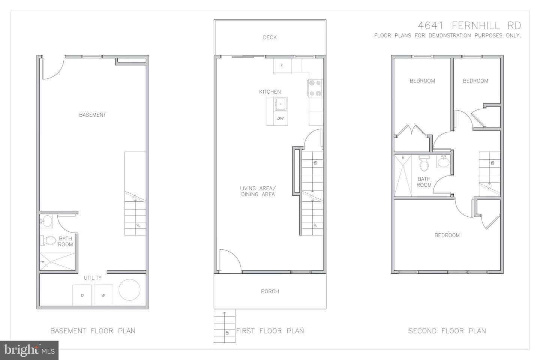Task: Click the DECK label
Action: [x=270, y=37]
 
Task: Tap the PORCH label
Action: [x=270, y=291]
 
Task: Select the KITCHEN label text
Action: [x=270, y=91]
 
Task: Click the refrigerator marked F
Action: [x=282, y=66]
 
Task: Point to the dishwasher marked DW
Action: [x=280, y=118]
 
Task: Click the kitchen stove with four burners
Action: [x=315, y=88]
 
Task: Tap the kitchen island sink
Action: [x=280, y=104]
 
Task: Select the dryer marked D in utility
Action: [x=82, y=295]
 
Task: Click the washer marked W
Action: [x=103, y=295]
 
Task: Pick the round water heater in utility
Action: [x=129, y=290]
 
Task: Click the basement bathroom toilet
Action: [x=48, y=240]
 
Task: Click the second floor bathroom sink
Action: [x=443, y=162]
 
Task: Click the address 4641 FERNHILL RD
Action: [x=469, y=25]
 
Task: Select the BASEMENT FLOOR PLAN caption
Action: [x=93, y=331]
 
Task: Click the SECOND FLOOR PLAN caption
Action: [x=447, y=331]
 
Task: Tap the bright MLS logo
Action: [x=29, y=350]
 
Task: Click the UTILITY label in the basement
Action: [x=93, y=278]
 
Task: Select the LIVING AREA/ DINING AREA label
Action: [x=258, y=191]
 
